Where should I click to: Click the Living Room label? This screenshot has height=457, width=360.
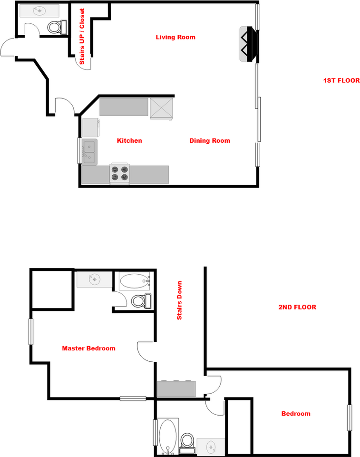175,37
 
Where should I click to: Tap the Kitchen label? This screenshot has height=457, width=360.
129,140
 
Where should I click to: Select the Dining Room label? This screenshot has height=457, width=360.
210,140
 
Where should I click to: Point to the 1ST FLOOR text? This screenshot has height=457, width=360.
341,80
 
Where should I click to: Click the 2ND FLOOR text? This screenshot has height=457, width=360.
297,307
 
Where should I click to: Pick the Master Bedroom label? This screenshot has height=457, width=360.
88,348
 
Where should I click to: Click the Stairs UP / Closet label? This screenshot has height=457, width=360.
82,37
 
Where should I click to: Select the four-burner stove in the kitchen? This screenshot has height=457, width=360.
120,174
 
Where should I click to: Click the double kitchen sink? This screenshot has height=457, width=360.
89,152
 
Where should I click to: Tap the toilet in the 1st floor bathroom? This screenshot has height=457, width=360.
56,27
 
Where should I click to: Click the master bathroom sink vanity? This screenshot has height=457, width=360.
95,280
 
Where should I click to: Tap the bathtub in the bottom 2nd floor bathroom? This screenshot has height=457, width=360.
167,436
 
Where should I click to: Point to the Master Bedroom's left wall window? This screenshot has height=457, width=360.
31,332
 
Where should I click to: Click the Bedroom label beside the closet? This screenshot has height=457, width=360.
295,414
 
